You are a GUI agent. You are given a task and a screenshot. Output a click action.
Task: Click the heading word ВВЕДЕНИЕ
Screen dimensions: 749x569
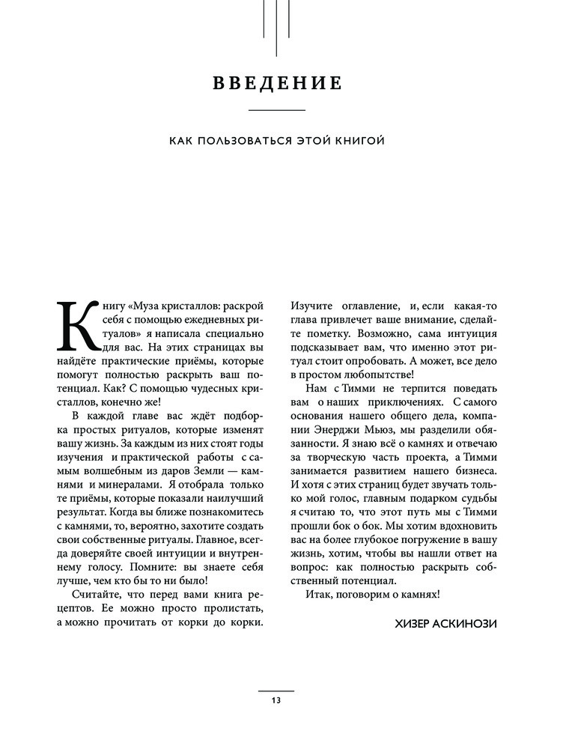(x=277, y=82)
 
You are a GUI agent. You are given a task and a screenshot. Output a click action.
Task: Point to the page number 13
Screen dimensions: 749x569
(x=276, y=700)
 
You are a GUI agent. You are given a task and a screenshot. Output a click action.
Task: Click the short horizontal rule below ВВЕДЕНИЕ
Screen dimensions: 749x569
(x=276, y=111)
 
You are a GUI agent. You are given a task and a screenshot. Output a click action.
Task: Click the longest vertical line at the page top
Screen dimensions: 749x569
(x=277, y=28)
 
